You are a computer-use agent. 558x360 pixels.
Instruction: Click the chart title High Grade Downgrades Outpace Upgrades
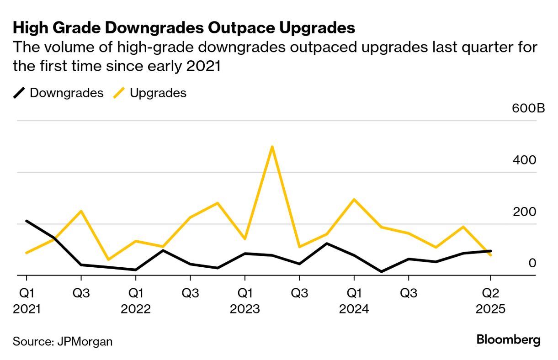click(184, 28)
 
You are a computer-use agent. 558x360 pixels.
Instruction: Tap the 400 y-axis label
click(526, 160)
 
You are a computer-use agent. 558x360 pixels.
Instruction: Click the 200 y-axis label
click(526, 212)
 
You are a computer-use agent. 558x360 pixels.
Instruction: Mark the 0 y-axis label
click(532, 263)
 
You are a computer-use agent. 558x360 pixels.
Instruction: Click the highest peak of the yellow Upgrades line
click(272, 147)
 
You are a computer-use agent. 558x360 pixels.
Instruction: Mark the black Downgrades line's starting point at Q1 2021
click(27, 221)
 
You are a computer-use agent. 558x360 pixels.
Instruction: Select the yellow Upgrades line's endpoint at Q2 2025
click(490, 255)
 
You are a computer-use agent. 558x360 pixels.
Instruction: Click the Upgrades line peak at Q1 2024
click(354, 199)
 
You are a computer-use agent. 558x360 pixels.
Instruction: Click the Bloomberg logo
click(508, 340)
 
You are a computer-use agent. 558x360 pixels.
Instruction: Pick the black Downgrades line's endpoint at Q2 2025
click(490, 251)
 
